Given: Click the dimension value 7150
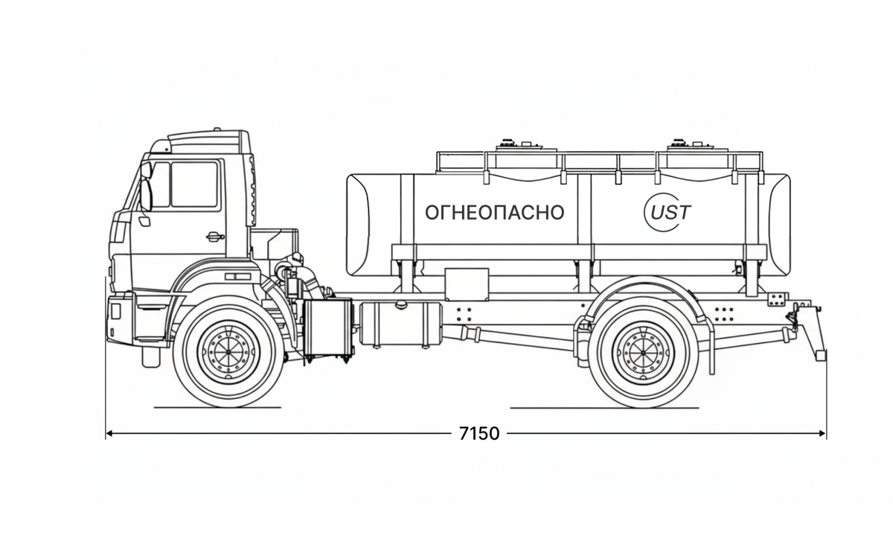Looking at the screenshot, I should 479,433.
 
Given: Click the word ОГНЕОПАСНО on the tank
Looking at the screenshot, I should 494,213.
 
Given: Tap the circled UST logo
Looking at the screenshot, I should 667,212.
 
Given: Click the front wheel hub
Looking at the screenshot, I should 228,351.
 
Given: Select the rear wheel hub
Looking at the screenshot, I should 643,351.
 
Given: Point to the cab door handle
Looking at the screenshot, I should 214,237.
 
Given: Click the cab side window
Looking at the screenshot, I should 194,185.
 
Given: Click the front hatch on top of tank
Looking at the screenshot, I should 509,144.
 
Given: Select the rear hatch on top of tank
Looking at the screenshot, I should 679,144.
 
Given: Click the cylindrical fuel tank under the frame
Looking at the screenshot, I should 399,323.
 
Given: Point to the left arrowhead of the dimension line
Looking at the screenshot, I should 109,433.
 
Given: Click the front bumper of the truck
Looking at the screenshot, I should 119,319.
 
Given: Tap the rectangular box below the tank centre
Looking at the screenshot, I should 466,284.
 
